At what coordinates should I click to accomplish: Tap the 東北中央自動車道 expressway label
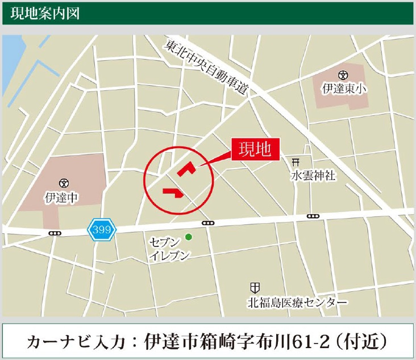coord(208,68)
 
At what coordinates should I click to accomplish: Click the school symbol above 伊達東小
coord(342,74)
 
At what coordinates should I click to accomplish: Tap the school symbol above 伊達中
coord(64,182)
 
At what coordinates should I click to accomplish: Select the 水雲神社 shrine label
coord(313,176)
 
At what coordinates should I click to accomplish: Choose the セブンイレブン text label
coord(169,248)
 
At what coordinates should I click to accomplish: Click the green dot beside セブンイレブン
coord(189,237)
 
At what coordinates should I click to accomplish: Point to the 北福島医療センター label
coord(297,302)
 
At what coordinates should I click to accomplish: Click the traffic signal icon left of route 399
coord(55,233)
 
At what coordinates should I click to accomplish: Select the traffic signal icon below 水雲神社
coord(313,216)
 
